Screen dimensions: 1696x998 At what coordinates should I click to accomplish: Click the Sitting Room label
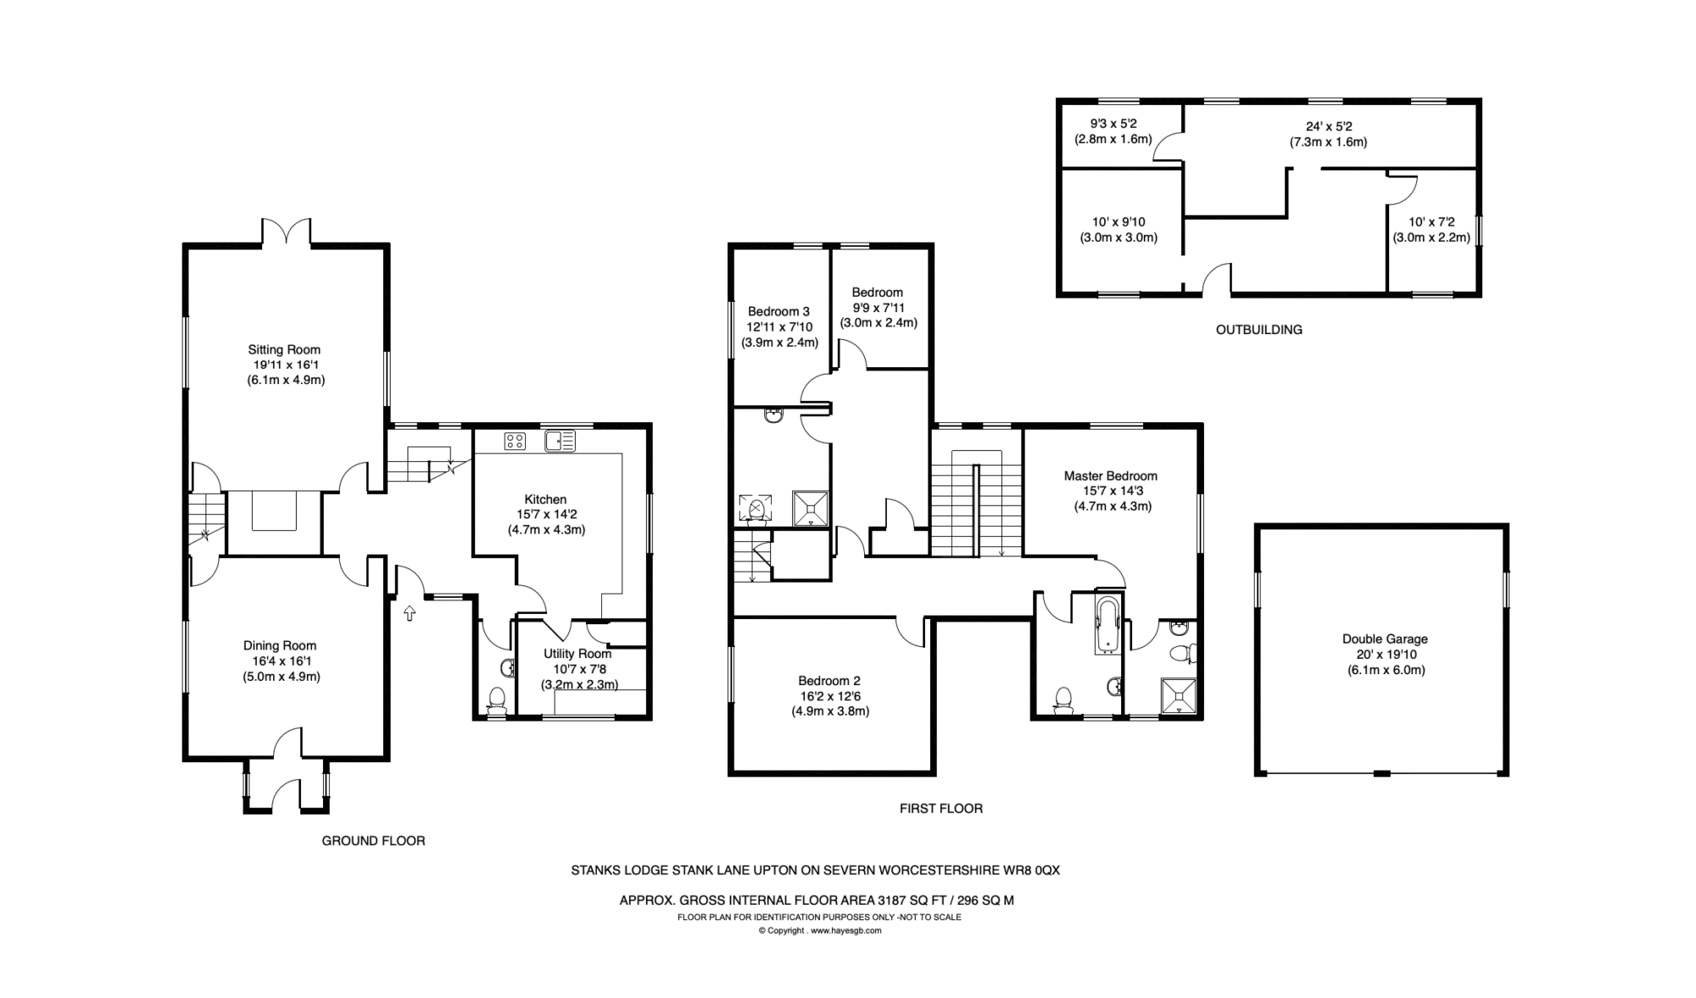(284, 349)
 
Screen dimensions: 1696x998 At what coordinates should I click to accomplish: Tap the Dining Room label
(280, 646)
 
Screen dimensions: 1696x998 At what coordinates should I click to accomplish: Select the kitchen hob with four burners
(515, 441)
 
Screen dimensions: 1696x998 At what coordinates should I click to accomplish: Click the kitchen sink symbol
(561, 441)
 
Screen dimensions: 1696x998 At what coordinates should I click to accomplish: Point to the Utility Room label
(577, 654)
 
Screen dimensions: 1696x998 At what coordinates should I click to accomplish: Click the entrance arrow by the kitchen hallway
(410, 612)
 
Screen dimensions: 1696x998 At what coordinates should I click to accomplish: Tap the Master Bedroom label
(1111, 477)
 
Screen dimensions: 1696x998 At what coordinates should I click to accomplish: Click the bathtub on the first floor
(1107, 626)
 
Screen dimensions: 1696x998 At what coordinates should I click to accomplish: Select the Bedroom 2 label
(829, 681)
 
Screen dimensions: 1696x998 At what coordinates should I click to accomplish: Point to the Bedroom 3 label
(779, 311)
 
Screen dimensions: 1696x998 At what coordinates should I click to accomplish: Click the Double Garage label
(1385, 639)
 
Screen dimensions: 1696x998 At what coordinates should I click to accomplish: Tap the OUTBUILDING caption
(1259, 330)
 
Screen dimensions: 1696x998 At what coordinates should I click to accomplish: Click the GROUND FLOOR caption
(373, 841)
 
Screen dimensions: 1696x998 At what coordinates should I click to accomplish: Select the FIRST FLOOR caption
(941, 809)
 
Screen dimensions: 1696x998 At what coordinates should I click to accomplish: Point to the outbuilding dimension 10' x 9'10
(1119, 222)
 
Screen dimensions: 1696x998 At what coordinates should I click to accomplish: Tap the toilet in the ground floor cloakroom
(498, 700)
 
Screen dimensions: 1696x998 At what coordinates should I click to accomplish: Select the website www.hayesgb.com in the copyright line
(846, 930)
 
